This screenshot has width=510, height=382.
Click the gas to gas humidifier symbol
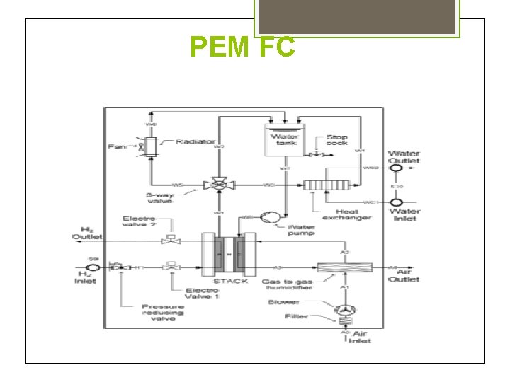(x=345, y=267)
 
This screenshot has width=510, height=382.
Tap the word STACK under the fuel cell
(x=230, y=281)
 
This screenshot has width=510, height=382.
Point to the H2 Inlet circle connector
(x=91, y=267)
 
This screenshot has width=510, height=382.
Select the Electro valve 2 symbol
(x=169, y=240)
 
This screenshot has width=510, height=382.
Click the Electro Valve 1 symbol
(x=170, y=267)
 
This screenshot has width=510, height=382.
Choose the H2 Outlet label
(x=86, y=234)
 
